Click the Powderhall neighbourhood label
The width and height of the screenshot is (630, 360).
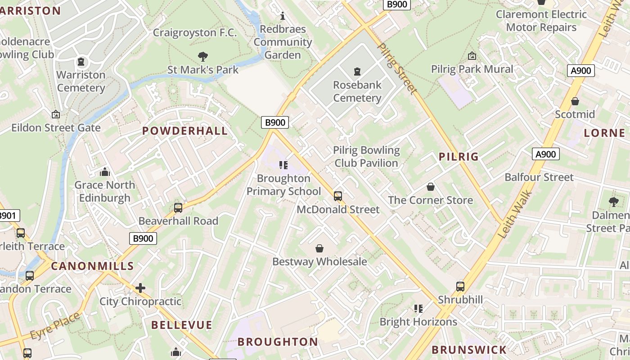(185, 131)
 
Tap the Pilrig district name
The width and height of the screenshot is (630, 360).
(459, 157)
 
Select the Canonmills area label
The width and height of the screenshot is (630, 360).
(92, 266)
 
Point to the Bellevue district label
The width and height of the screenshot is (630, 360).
(181, 325)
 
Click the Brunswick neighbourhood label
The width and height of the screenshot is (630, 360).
(469, 350)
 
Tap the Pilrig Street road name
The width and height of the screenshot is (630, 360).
(396, 69)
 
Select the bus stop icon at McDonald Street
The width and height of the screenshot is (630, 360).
(338, 196)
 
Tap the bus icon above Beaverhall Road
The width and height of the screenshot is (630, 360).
(178, 208)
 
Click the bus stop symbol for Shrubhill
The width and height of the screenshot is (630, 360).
(460, 287)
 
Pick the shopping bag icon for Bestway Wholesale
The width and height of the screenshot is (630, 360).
(319, 248)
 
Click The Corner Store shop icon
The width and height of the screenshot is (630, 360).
(431, 187)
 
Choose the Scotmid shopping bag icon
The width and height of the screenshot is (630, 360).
(575, 101)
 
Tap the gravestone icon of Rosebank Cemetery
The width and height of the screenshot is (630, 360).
(357, 72)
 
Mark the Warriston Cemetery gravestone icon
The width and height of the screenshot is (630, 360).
(81, 62)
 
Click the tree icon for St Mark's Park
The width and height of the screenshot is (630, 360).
(203, 57)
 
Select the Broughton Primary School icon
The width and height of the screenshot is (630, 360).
(283, 165)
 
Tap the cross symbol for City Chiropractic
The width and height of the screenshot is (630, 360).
(140, 288)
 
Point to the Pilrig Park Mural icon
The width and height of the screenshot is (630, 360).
(472, 56)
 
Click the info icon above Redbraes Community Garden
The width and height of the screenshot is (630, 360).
(283, 16)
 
